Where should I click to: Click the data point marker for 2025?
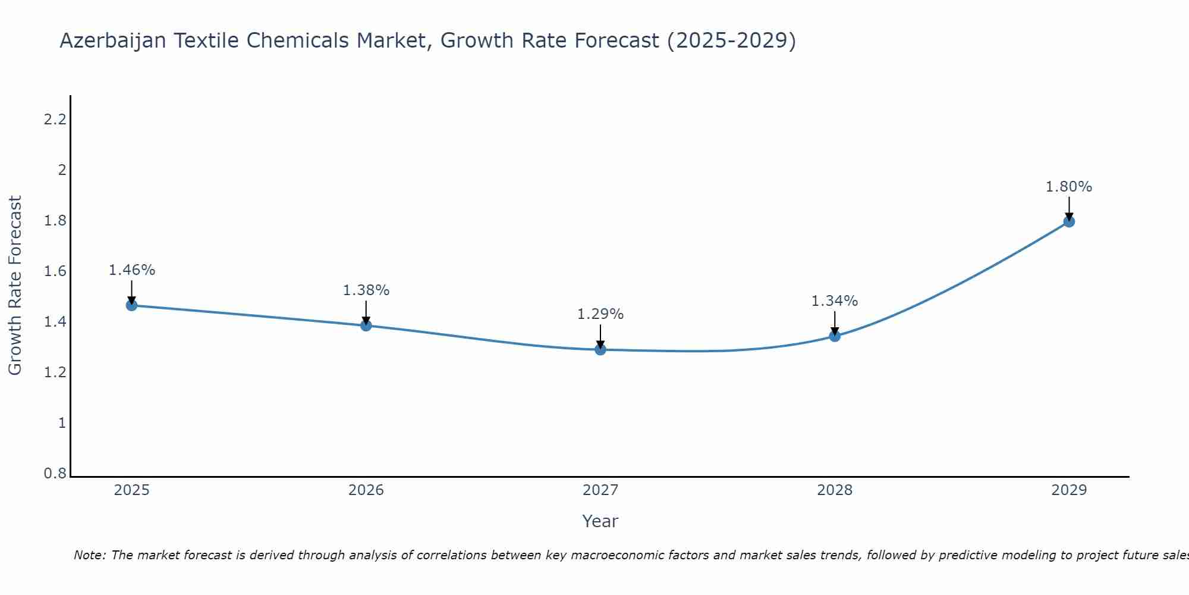tap(131, 305)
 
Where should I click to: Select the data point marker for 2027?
tap(600, 349)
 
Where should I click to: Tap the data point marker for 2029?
tap(1069, 221)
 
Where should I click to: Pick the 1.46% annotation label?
tap(131, 270)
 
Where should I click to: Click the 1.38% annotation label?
tap(366, 290)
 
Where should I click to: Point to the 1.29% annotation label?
tap(600, 314)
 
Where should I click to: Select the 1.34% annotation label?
tap(835, 301)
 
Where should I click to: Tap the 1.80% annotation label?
tap(1069, 187)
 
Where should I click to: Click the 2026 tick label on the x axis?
tap(366, 490)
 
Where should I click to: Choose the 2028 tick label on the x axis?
tap(835, 490)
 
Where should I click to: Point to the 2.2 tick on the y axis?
tap(55, 120)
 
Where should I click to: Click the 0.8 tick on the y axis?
tap(55, 474)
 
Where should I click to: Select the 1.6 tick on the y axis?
tap(55, 271)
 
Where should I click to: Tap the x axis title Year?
tap(600, 521)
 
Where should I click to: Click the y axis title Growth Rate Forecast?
tap(15, 286)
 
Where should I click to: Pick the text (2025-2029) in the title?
tap(731, 40)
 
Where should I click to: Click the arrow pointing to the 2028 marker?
tap(835, 324)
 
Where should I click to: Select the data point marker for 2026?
tap(366, 325)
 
